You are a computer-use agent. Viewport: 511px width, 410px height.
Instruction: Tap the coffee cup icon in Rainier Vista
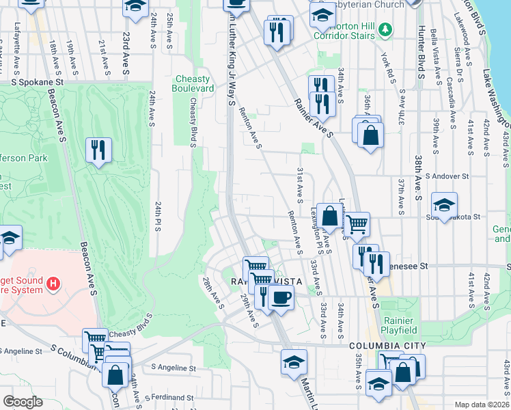280,297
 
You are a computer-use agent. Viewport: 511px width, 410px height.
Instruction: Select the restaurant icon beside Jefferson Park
98,149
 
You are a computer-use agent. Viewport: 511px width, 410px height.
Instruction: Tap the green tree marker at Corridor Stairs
386,29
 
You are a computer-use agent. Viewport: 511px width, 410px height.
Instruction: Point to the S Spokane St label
38,81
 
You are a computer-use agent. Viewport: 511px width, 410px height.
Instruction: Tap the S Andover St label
447,176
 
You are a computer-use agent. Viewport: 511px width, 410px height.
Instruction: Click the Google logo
23,402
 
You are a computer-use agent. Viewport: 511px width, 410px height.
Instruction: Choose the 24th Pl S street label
157,216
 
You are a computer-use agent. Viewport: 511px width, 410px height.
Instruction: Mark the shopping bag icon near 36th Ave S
370,136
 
